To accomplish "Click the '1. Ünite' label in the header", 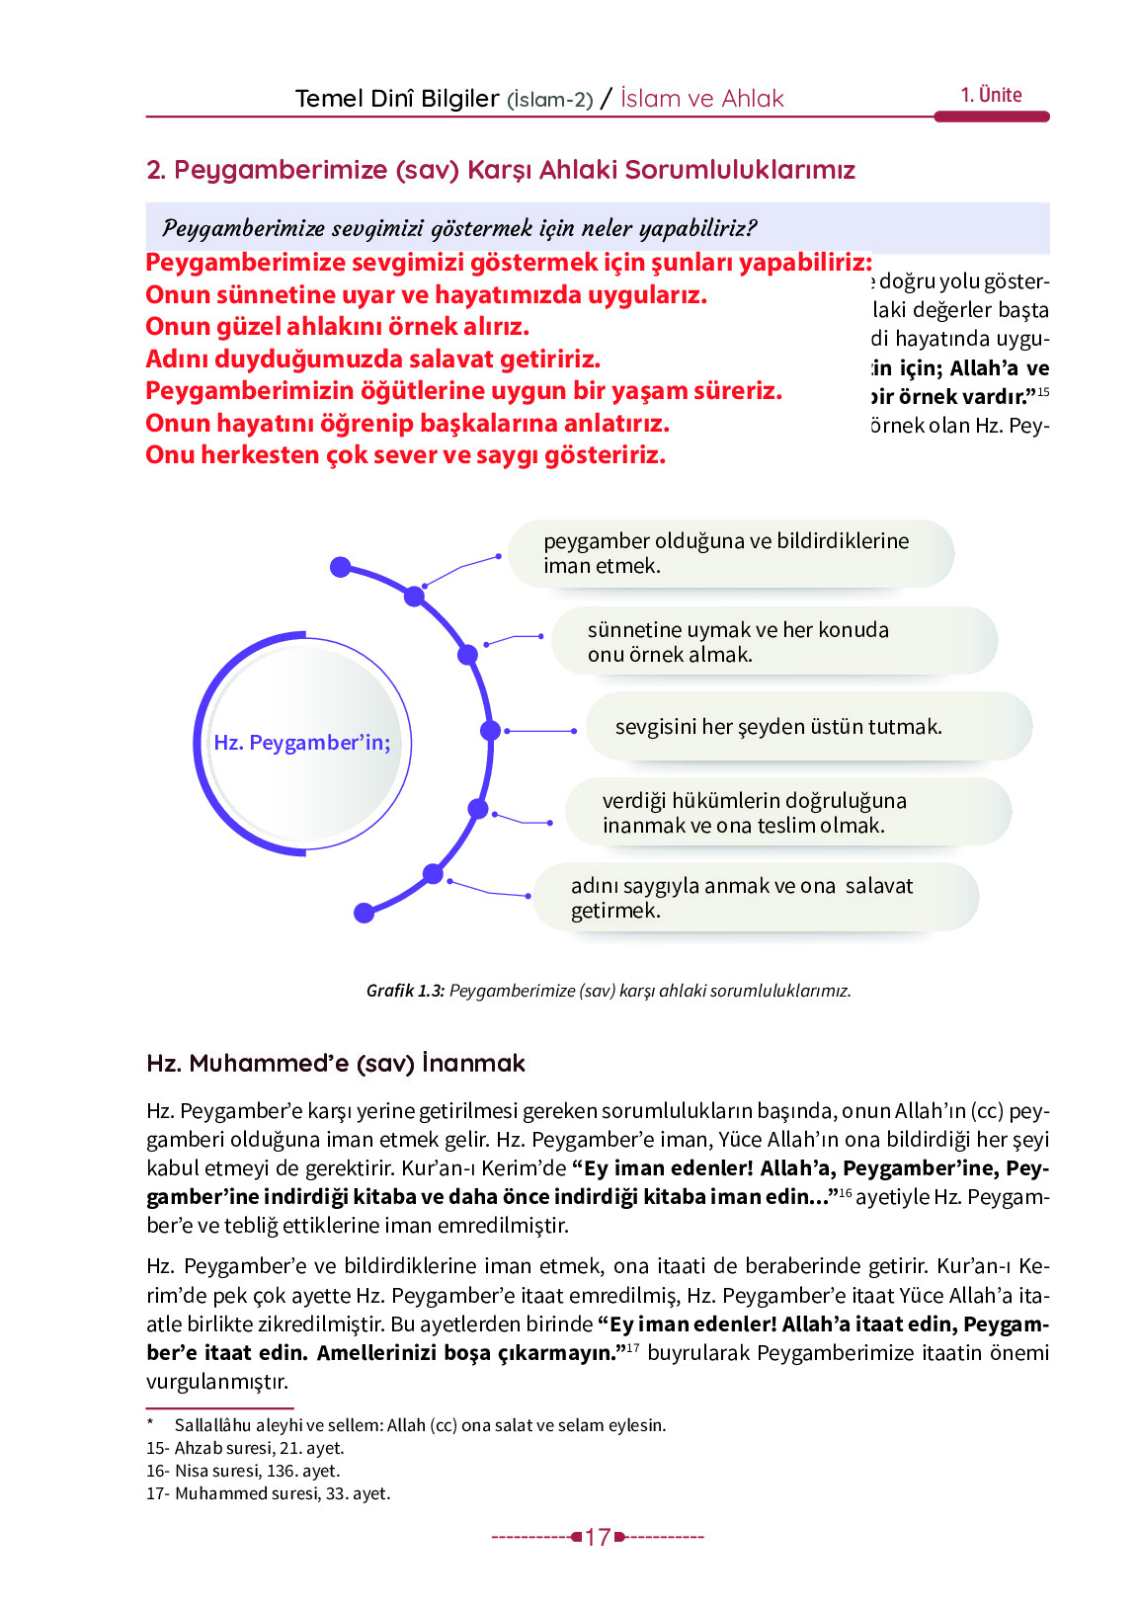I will tap(991, 96).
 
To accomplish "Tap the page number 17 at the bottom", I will tap(597, 1537).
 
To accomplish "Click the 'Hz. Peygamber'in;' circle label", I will tap(302, 743).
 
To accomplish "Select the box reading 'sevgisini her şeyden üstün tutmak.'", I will tap(808, 727).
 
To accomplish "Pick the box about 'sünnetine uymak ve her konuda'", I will tap(773, 642).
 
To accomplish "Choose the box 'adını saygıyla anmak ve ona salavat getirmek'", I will tap(755, 898).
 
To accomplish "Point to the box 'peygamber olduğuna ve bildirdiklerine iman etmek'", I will tap(730, 553).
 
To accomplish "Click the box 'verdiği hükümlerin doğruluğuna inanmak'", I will tap(787, 813).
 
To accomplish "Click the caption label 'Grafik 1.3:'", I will tap(405, 991).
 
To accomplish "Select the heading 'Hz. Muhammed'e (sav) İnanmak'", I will tap(336, 1064).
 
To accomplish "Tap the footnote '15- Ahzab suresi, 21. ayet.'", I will tap(245, 1448).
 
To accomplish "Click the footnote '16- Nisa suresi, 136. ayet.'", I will tap(243, 1471).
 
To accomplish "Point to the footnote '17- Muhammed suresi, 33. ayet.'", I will tap(268, 1493).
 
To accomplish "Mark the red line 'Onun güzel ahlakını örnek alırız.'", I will tap(337, 327).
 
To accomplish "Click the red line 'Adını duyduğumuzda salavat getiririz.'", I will tap(372, 359).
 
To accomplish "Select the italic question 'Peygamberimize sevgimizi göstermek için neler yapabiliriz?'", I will tap(459, 229).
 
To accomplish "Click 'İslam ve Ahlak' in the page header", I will tap(701, 99).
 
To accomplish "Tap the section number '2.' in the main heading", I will tap(156, 170).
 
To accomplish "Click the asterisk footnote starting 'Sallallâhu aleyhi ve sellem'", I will tap(420, 1425).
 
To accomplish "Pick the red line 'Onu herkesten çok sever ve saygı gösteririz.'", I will tap(405, 455).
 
